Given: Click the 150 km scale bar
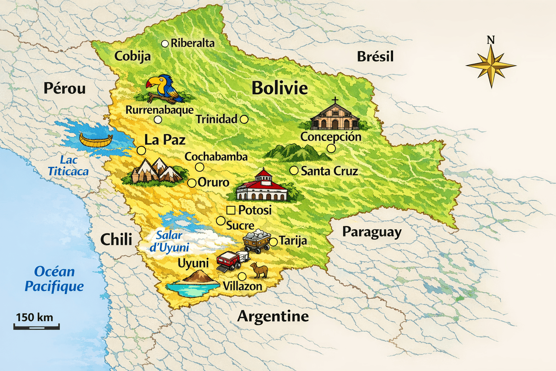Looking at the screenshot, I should tap(37, 327).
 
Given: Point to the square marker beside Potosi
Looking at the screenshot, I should tap(231, 210).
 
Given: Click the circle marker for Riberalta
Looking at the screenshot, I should tap(165, 44).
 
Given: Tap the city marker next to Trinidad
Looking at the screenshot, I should tap(244, 119).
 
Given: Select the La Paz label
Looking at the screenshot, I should tap(165, 140).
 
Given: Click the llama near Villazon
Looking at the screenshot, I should tap(260, 270).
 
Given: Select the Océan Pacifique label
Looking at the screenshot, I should tap(54, 279).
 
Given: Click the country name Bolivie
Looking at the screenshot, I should tap(280, 88).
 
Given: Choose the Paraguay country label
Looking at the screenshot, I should tap(372, 232).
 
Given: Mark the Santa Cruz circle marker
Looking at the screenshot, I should tap(294, 171).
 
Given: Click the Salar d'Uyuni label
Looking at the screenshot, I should tap(169, 241).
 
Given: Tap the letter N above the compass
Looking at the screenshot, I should tap(490, 40).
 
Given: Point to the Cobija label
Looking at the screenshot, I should tap(132, 57).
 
